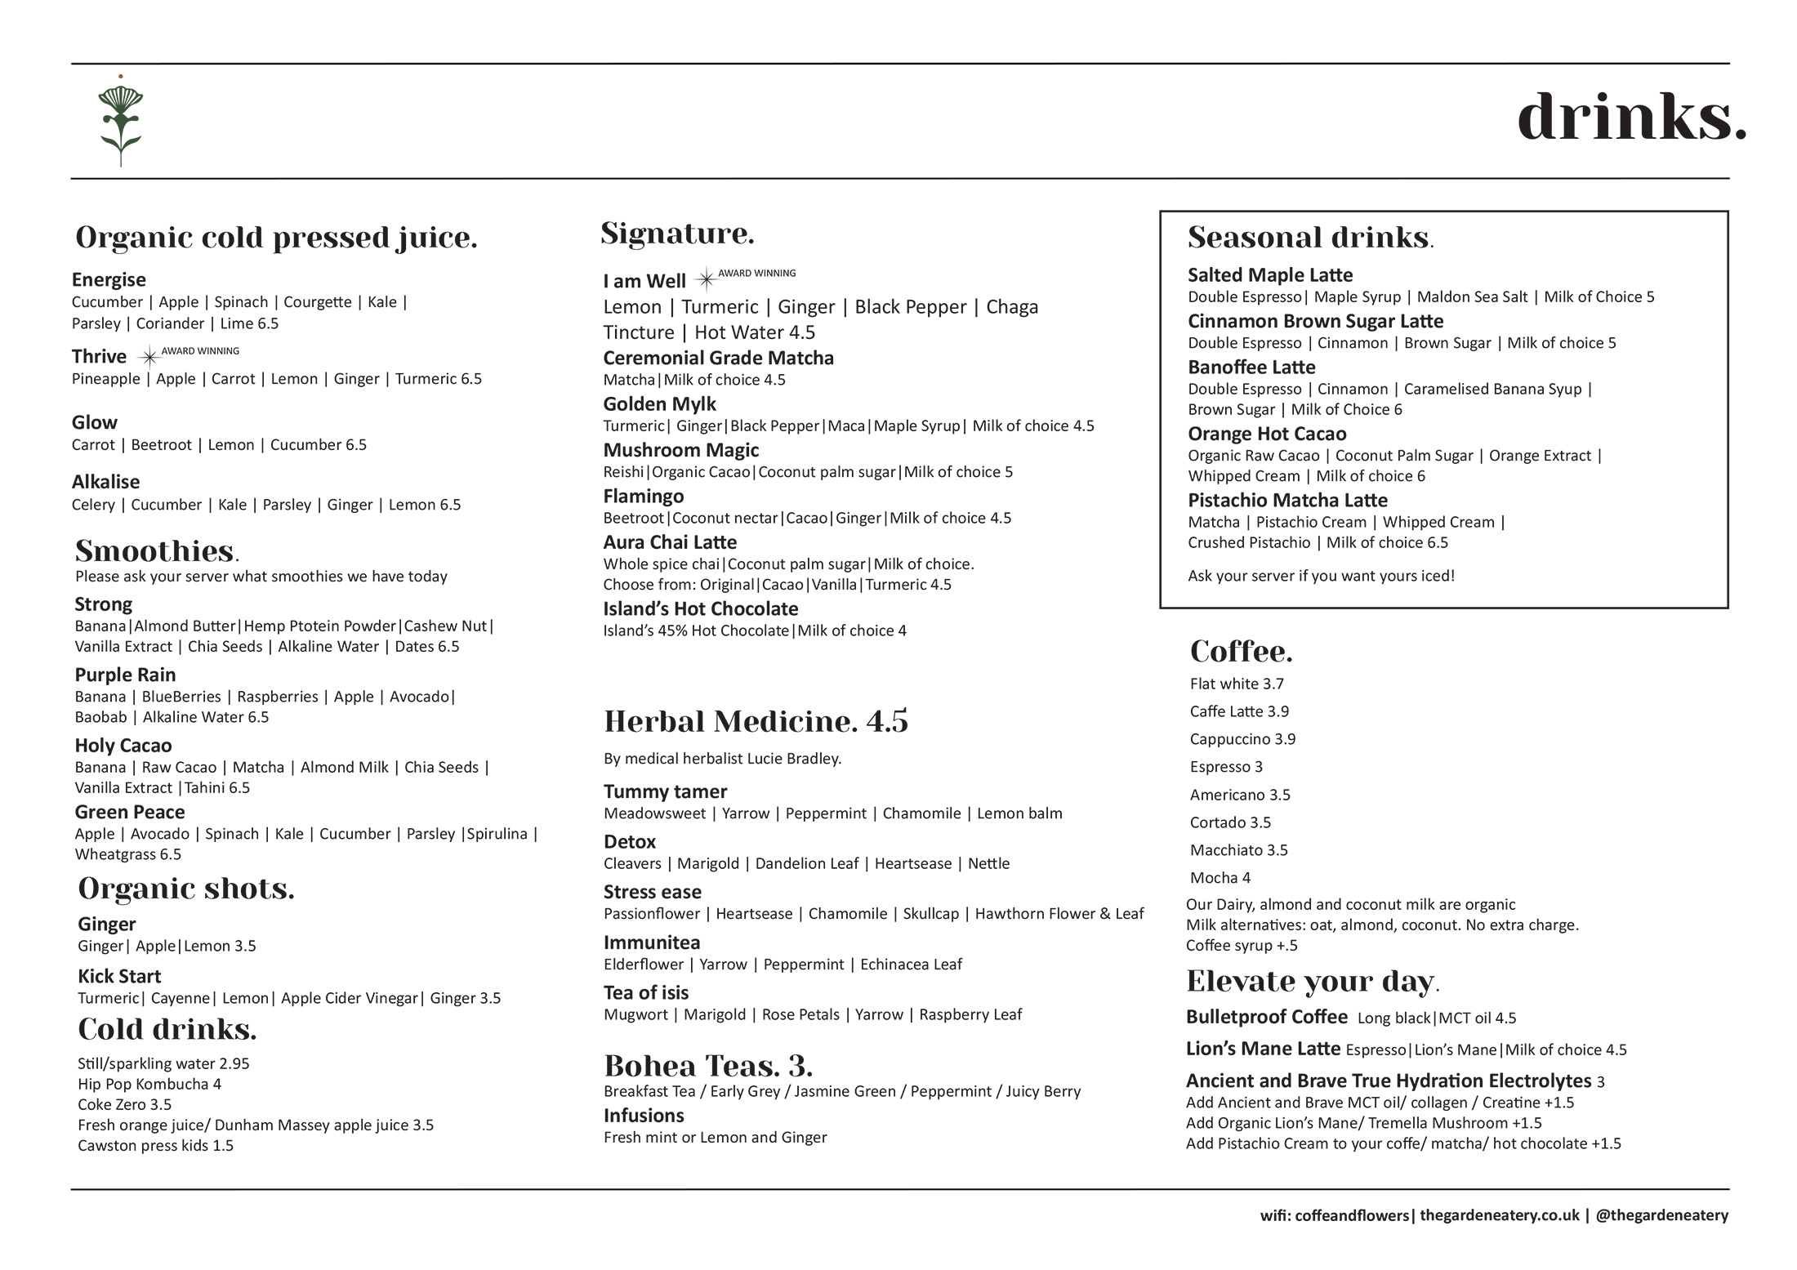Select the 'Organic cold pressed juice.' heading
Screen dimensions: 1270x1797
pos(276,238)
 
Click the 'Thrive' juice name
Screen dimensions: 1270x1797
pos(99,357)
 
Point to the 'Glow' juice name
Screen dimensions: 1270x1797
pos(95,423)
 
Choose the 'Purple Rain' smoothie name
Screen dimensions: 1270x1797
pos(125,675)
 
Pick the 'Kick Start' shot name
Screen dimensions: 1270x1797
pos(119,977)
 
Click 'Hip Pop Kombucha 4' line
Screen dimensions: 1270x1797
pos(149,1085)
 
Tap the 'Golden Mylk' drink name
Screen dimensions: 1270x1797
pos(659,404)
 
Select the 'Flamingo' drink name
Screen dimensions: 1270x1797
pos(644,497)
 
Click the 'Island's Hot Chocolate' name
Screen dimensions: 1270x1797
pos(701,609)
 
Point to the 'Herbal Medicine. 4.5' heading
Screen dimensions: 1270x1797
pos(756,722)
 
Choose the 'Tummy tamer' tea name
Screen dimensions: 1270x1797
pos(665,792)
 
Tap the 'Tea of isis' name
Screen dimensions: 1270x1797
pos(646,993)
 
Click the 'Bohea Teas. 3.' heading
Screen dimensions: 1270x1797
pos(708,1067)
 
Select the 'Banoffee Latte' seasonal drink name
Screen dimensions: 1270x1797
pos(1251,368)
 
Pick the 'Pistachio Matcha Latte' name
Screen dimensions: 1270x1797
pos(1287,501)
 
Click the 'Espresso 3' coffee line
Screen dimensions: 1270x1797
pos(1226,767)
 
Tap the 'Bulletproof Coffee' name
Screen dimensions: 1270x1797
pos(1266,1018)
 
